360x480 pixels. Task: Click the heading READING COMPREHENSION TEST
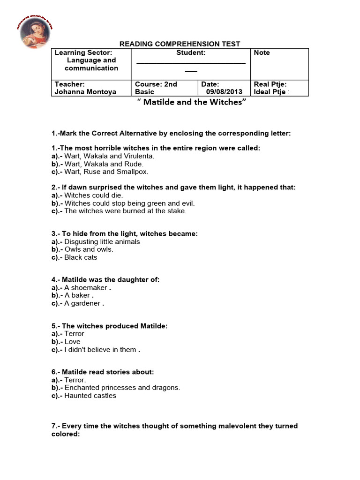[180, 44]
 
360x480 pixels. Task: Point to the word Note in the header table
[262, 52]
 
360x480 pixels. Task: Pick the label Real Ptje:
[270, 84]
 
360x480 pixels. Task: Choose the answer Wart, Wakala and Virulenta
[109, 156]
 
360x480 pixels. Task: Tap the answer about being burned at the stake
[125, 211]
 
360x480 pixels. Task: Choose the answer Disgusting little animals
[102, 242]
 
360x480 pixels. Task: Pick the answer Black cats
[81, 257]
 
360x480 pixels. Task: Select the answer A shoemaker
[87, 288]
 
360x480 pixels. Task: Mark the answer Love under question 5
[72, 342]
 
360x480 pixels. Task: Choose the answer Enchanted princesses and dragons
[122, 388]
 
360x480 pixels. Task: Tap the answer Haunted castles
[90, 396]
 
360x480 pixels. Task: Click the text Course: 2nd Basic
[156, 88]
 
